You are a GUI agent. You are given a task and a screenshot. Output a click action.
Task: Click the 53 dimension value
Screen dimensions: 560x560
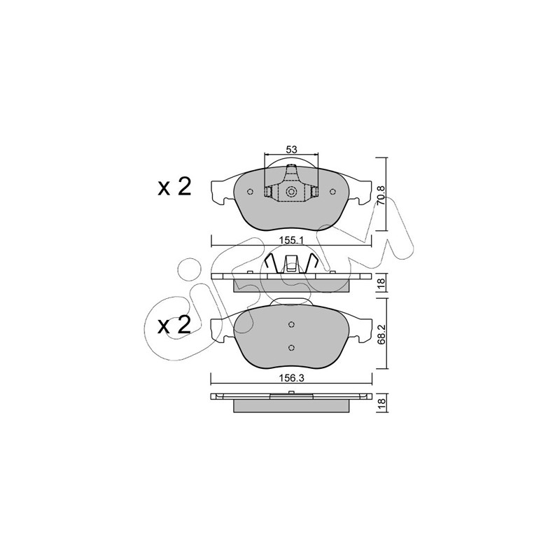point(291,149)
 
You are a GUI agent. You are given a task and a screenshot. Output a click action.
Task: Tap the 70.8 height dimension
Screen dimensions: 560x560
point(381,195)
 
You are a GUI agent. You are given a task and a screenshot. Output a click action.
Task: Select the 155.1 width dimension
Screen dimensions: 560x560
point(291,241)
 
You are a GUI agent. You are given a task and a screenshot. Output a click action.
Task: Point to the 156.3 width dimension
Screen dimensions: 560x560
point(291,379)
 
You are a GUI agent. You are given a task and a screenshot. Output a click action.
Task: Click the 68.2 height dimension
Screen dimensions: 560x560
point(381,334)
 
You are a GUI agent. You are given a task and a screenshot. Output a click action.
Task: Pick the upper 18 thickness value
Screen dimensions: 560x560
point(381,283)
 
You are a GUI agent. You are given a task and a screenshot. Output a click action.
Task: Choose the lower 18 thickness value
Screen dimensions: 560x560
point(381,402)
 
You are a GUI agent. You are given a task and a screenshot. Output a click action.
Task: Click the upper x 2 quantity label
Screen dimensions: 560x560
point(174,187)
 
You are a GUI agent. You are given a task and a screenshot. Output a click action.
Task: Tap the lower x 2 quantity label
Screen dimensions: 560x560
point(174,325)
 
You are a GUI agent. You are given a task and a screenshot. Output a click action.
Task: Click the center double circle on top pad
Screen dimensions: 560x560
point(291,192)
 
